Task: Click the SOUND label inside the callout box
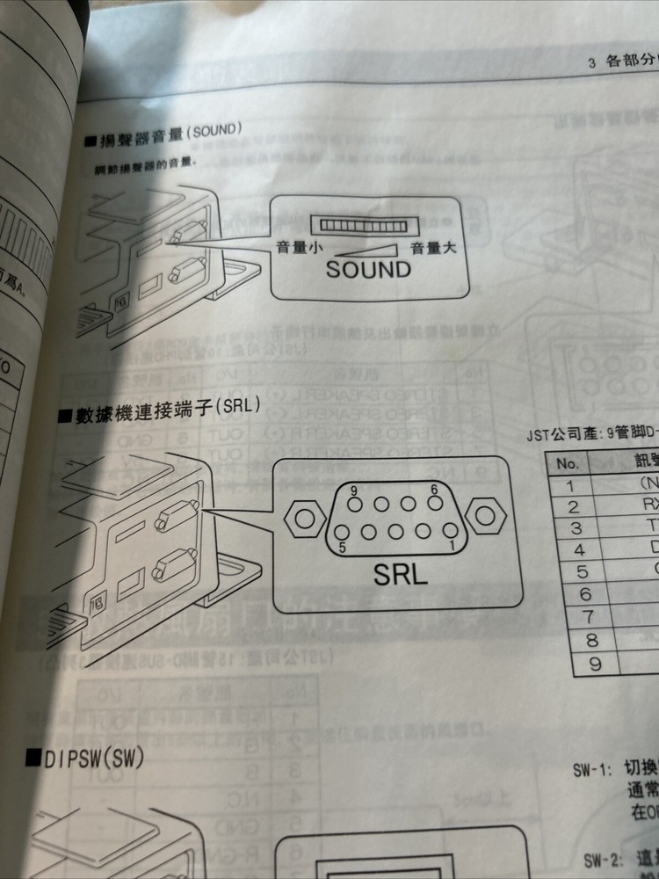pyautogui.click(x=368, y=270)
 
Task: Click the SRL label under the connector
pyautogui.click(x=400, y=574)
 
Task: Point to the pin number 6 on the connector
pyautogui.click(x=434, y=490)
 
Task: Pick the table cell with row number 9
pyautogui.click(x=595, y=665)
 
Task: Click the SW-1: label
pyautogui.click(x=591, y=767)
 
